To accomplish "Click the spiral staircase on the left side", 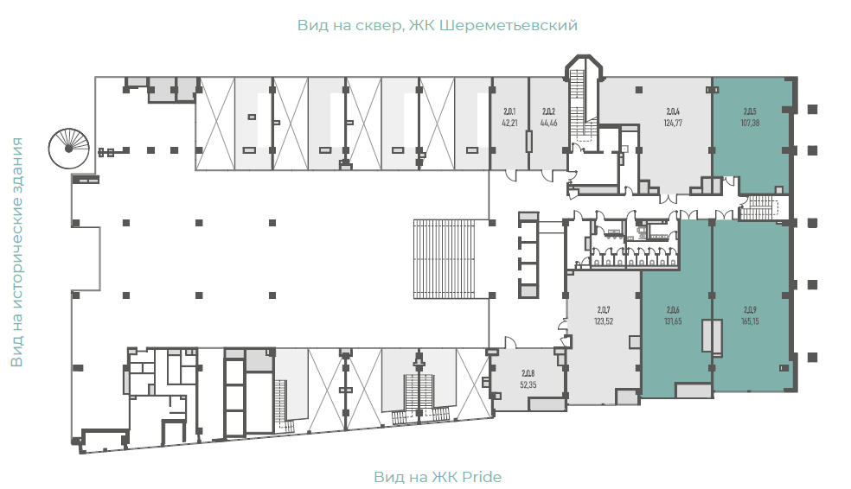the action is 68,148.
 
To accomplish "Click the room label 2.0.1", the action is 509,111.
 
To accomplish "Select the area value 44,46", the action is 548,123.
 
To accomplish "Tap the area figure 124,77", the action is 673,123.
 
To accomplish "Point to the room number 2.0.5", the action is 750,111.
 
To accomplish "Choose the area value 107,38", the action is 750,123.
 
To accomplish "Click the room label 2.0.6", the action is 673,310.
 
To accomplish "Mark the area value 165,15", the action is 750,321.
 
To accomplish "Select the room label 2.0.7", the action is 604,310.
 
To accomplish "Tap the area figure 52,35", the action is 528,385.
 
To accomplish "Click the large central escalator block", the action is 444,259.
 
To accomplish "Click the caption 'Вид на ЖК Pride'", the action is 438,477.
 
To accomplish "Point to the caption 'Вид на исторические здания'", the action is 16,252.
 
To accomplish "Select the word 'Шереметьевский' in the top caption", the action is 508,25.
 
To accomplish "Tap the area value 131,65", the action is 673,321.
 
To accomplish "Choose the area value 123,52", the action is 604,321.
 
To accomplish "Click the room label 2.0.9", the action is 750,310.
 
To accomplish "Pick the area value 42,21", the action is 509,123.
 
